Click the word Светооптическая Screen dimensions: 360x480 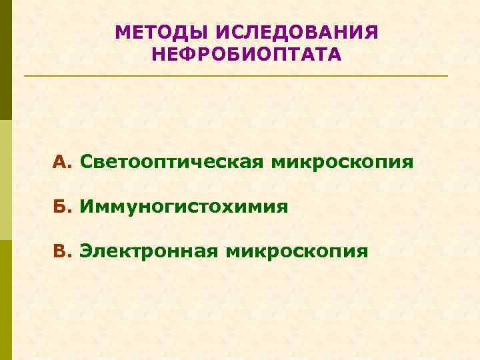(x=171, y=162)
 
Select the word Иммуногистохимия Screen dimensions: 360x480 (x=184, y=207)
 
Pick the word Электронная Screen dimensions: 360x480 (x=149, y=251)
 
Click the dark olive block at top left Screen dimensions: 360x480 (x=5, y=60)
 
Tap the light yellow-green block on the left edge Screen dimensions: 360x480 (x=5, y=180)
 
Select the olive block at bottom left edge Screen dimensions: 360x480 (x=5, y=300)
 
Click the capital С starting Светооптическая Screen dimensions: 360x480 (x=85, y=162)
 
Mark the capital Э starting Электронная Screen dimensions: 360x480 (x=86, y=251)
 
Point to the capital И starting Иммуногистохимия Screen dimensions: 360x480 (x=87, y=207)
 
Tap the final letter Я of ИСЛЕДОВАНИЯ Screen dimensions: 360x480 (x=371, y=32)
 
